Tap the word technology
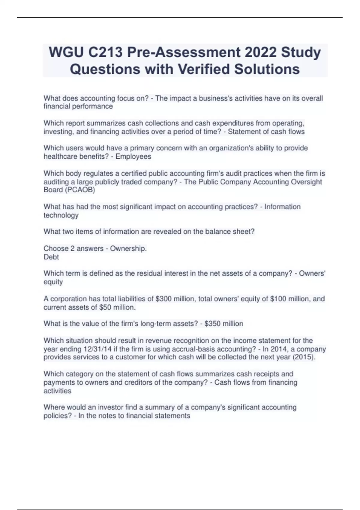61,215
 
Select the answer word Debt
51,257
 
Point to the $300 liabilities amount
163,299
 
